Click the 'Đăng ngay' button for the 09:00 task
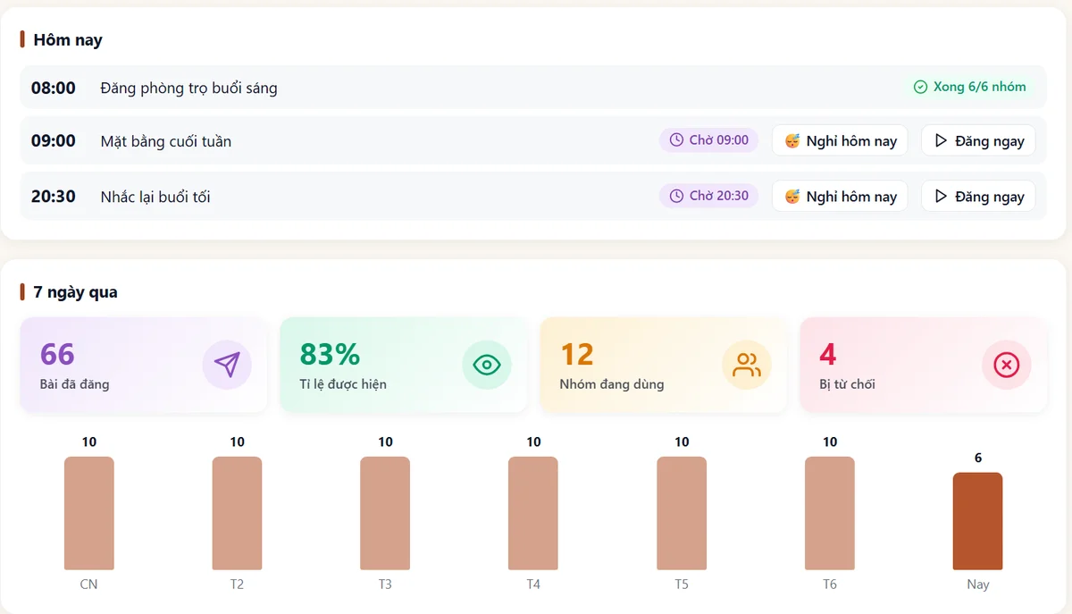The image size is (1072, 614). click(x=978, y=141)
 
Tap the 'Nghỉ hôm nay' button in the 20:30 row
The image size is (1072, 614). click(x=840, y=197)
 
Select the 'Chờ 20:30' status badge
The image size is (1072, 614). click(x=708, y=196)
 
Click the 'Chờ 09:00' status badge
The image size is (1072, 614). click(x=708, y=139)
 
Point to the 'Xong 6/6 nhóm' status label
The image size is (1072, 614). click(x=969, y=87)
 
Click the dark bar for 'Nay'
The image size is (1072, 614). click(x=977, y=521)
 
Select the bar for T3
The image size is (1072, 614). click(x=385, y=513)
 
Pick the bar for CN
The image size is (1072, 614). click(x=89, y=513)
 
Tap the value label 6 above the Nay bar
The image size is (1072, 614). click(x=978, y=458)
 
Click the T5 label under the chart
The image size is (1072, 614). click(x=682, y=585)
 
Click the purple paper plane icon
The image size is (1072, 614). click(x=227, y=365)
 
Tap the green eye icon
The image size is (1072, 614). click(x=487, y=365)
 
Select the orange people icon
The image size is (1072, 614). click(x=747, y=365)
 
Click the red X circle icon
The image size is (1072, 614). click(x=1007, y=365)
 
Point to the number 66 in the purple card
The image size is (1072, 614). click(x=57, y=355)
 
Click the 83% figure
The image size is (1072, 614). click(x=330, y=355)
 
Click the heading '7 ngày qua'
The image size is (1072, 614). click(x=75, y=292)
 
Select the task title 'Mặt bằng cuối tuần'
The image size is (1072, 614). click(x=165, y=141)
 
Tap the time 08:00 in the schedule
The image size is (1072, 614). click(x=53, y=88)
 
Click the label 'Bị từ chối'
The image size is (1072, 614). click(x=847, y=384)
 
